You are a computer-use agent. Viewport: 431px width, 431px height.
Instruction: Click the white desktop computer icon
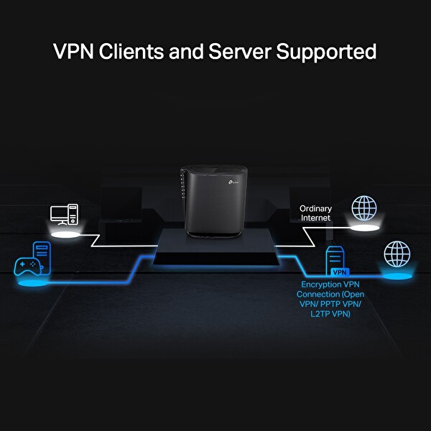pos(64,214)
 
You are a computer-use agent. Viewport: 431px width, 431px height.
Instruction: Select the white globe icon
pos(363,208)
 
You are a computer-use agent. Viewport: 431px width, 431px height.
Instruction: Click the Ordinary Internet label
pos(315,213)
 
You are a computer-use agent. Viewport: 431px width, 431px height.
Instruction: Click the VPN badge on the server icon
pos(339,273)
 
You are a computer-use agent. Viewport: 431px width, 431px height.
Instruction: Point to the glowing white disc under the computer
pos(64,233)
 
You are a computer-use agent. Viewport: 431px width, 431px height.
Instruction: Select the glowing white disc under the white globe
pos(363,228)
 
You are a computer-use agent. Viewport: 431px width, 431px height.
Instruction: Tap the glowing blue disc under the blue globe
pos(397,275)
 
